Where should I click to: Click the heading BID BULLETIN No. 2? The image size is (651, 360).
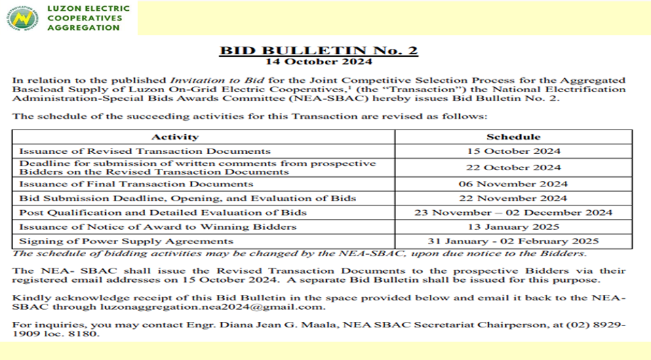(319, 51)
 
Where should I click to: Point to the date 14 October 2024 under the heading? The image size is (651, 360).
(319, 62)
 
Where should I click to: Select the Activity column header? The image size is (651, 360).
(175, 137)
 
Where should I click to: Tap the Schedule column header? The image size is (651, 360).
(513, 137)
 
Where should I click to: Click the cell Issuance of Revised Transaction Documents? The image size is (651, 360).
(144, 151)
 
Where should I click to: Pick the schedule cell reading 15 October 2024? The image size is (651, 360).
(513, 151)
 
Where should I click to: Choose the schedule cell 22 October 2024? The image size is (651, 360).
(513, 167)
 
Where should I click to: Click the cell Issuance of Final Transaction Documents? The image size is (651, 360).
(136, 184)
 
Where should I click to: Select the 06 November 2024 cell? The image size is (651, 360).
(513, 184)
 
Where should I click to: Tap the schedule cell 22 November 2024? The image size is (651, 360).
(513, 198)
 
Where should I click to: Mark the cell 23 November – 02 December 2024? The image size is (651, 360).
(513, 212)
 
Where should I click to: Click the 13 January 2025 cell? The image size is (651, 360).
(513, 226)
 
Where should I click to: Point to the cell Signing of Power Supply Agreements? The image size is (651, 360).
(126, 241)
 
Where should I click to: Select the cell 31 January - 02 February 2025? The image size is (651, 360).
(513, 241)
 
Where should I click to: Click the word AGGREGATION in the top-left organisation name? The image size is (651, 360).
(83, 28)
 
